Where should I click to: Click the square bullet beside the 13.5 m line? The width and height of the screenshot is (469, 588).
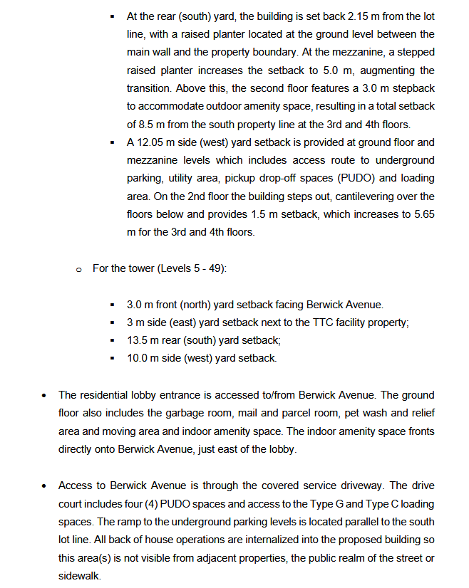coord(113,341)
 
